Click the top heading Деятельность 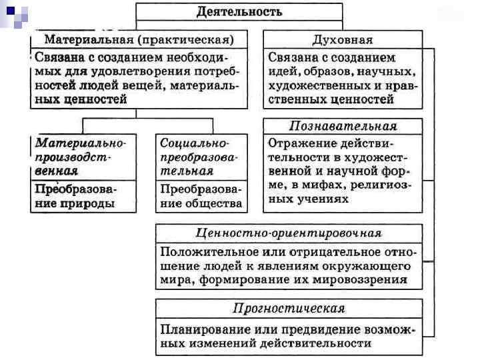[239, 11]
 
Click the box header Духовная [343, 39]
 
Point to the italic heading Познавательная [343, 126]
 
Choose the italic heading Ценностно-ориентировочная [289, 233]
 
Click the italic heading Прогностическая [289, 308]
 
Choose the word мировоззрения [361, 280]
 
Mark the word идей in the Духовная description [282, 72]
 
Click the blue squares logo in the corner [15, 15]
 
